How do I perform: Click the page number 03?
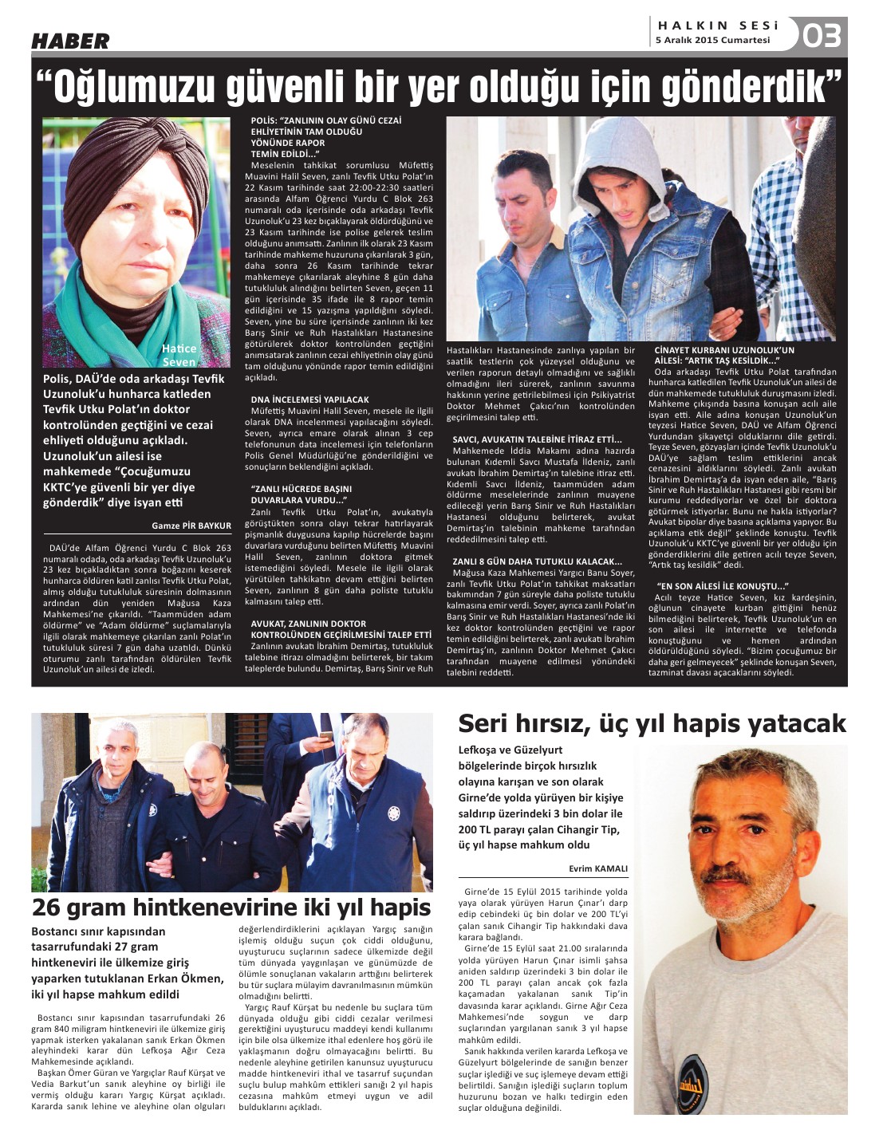pyautogui.click(x=822, y=36)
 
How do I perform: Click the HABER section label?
pyautogui.click(x=70, y=40)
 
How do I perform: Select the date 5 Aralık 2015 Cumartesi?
pyautogui.click(x=712, y=40)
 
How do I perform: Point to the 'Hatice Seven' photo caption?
pyautogui.click(x=179, y=355)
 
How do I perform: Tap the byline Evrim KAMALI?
pyautogui.click(x=598, y=868)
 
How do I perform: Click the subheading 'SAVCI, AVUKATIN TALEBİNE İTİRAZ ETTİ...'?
pyautogui.click(x=536, y=439)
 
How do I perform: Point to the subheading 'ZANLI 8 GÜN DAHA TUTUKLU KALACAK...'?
pyautogui.click(x=537, y=561)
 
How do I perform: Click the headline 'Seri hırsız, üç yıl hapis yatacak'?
pyautogui.click(x=652, y=723)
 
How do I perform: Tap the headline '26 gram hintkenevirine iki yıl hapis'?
pyautogui.click(x=231, y=907)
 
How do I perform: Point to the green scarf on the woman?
pyautogui.click(x=88, y=295)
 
